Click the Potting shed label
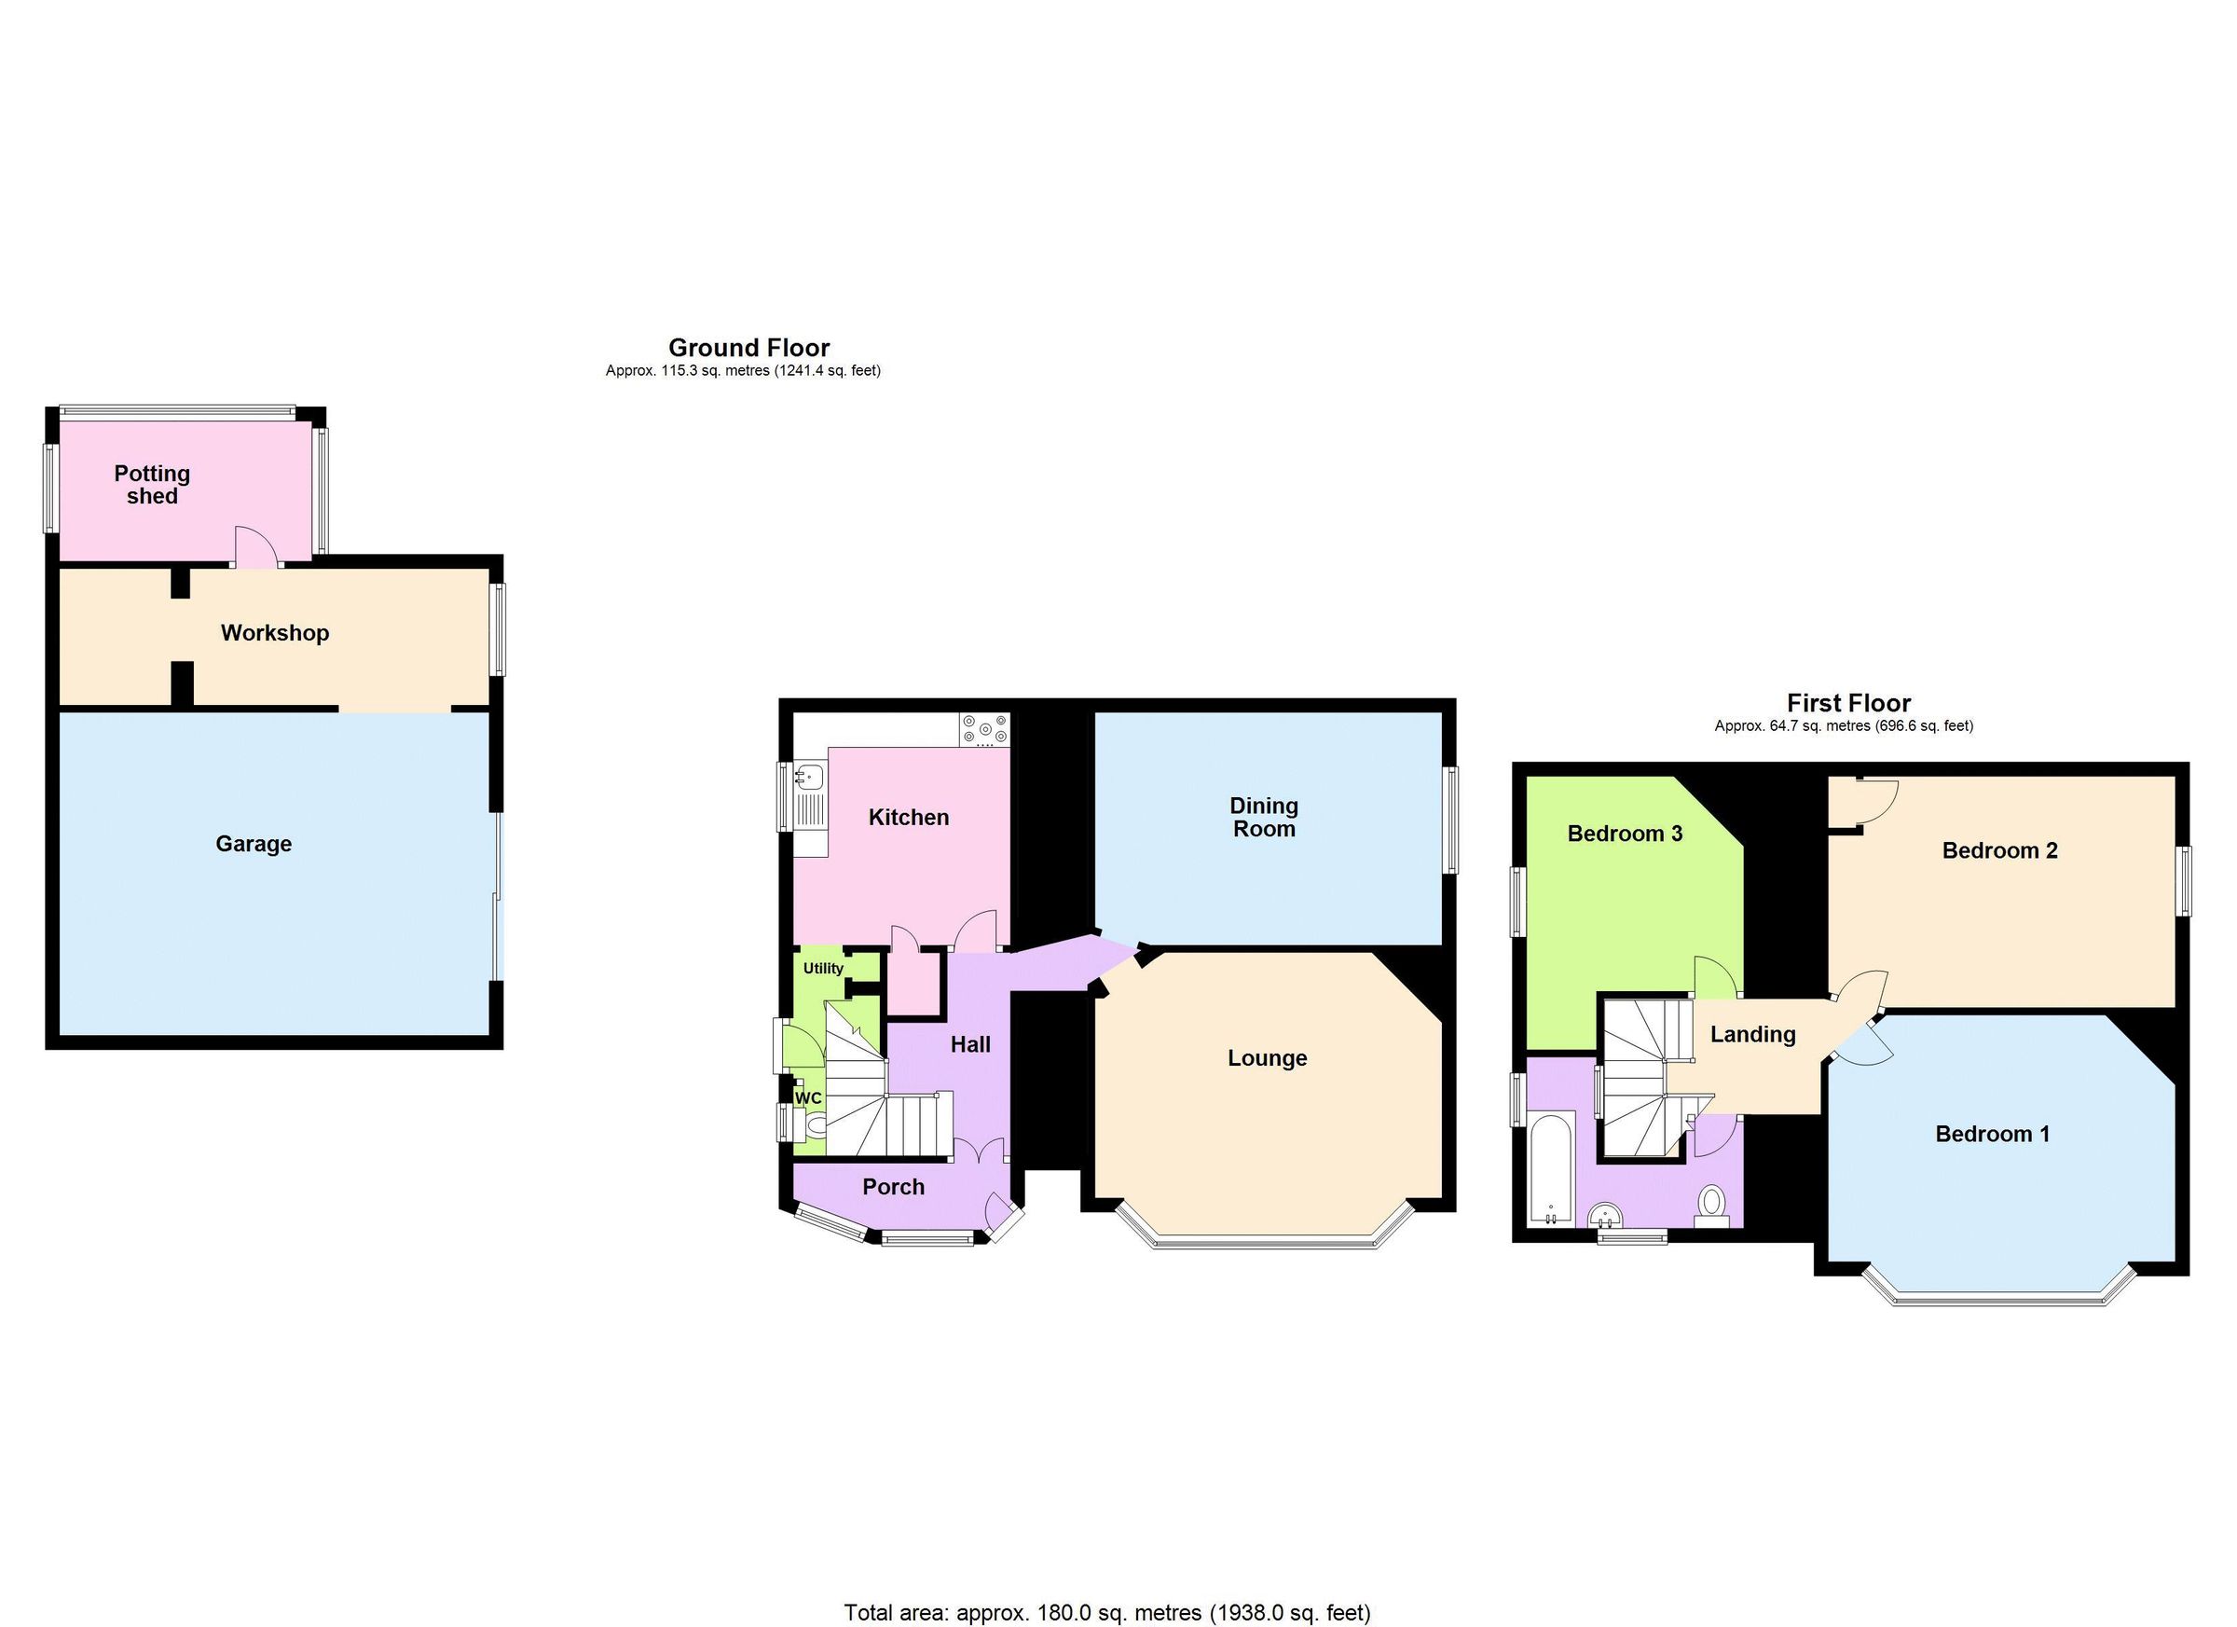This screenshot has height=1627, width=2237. click(152, 485)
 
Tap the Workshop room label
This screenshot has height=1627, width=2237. click(274, 632)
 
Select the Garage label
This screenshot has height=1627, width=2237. click(254, 844)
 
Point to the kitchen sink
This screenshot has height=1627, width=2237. click(811, 777)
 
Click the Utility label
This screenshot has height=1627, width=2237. click(823, 968)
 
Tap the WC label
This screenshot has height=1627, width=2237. click(808, 1098)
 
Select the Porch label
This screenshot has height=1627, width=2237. click(893, 1187)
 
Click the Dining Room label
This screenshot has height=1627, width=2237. click(1264, 817)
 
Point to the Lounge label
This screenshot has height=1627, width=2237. click(1267, 1057)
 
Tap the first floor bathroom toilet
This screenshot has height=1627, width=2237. click(1711, 1204)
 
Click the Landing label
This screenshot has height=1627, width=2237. click(1751, 1034)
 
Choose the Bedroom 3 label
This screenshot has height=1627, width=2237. click(1624, 834)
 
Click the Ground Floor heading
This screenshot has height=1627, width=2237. click(748, 347)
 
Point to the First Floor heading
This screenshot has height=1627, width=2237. click(1848, 702)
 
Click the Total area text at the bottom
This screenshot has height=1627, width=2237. click(1106, 1612)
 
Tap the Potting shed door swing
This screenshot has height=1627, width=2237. click(253, 547)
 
